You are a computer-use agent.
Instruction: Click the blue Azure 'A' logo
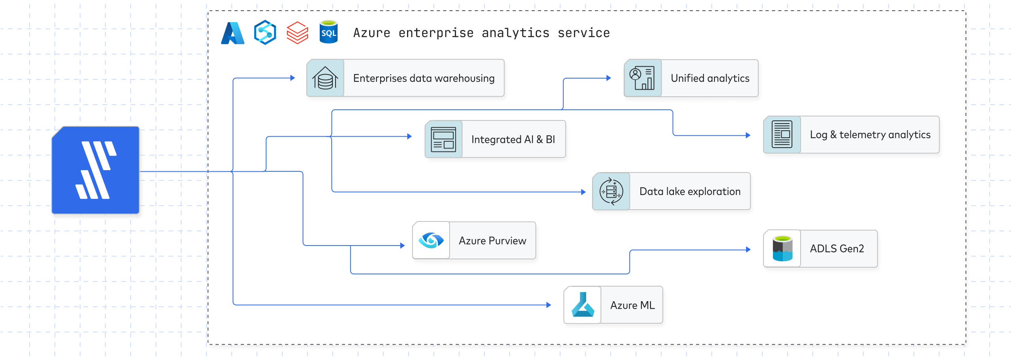point(233,33)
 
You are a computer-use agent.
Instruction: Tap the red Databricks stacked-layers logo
point(297,33)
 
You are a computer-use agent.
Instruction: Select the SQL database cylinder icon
point(328,32)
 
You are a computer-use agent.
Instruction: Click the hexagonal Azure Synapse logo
point(265,32)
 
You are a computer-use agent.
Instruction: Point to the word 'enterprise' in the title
point(436,33)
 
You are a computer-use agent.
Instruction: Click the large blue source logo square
point(96,170)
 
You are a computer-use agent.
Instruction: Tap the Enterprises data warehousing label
point(424,78)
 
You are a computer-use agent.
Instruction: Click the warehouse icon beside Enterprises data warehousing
point(325,78)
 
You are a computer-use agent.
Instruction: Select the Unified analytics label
point(710,78)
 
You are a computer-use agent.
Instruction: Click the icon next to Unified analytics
point(642,78)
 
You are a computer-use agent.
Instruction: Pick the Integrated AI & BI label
point(513,139)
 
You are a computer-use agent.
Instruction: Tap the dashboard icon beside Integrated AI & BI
point(443,139)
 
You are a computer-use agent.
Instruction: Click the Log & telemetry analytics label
point(870,135)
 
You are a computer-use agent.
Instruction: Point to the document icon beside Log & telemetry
point(782,135)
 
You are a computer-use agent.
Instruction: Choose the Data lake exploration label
point(690,191)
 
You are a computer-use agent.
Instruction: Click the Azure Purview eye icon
point(431,240)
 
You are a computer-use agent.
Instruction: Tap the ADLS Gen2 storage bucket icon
point(782,248)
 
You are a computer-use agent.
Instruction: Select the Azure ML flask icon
point(583,305)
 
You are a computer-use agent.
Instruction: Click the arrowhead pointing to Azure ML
point(549,305)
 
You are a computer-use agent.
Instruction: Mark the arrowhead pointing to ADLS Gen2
point(748,249)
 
